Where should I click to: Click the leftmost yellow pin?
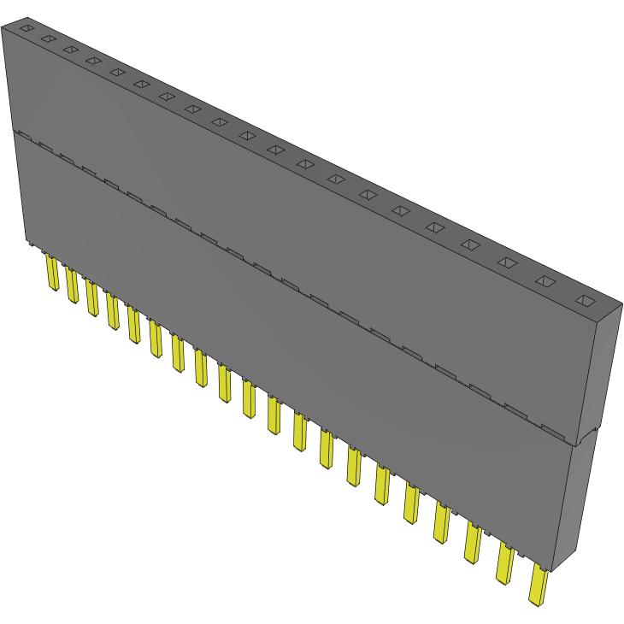(52, 274)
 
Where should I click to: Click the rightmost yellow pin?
(538, 586)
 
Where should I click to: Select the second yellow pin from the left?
(72, 285)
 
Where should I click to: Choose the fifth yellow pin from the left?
(133, 323)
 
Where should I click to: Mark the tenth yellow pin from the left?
(249, 397)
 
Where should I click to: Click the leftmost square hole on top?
(26, 28)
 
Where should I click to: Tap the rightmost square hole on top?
(585, 300)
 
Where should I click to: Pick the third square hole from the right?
(506, 262)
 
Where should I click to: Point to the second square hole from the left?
(48, 38)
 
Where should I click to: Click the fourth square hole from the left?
(92, 60)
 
